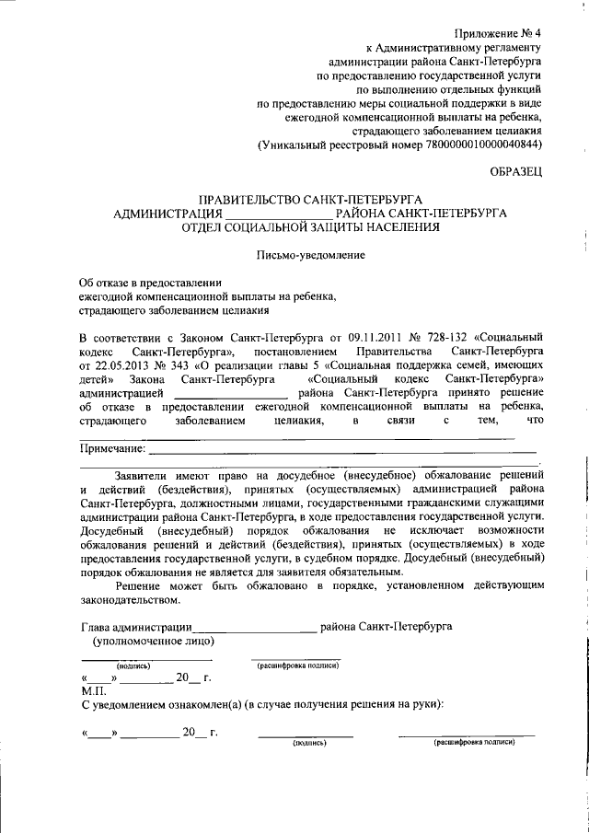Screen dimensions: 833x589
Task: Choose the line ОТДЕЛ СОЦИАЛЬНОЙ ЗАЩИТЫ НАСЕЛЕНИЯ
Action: pyautogui.click(x=310, y=228)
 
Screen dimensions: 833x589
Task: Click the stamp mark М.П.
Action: pyautogui.click(x=95, y=689)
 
